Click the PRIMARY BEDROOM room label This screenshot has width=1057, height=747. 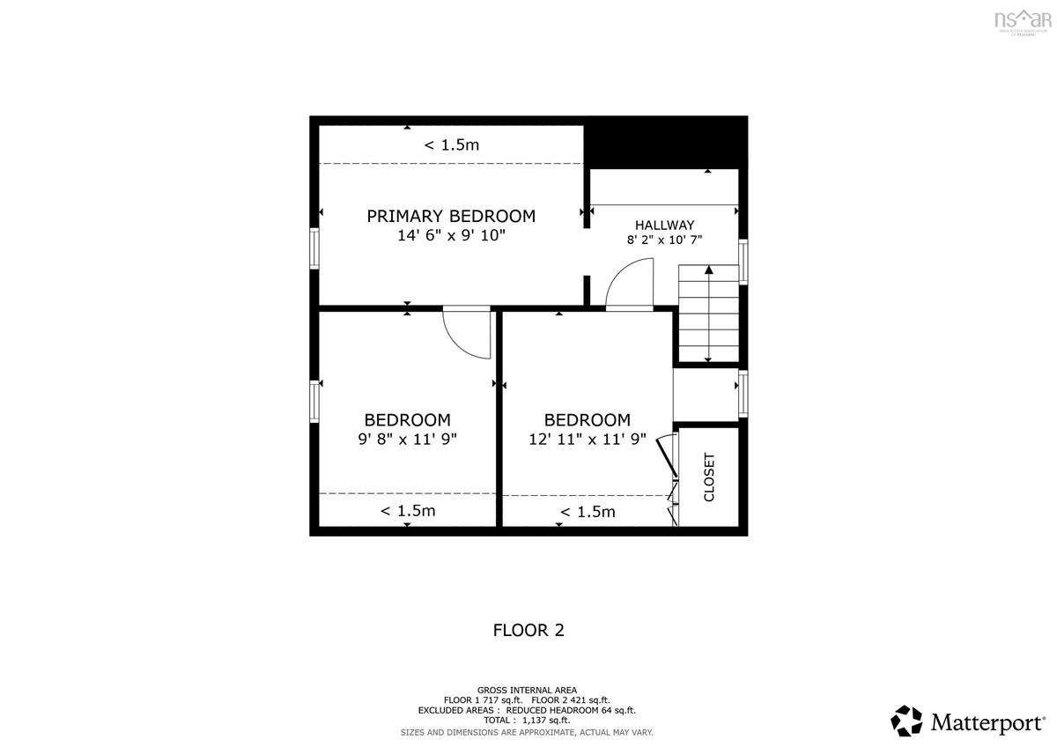(451, 216)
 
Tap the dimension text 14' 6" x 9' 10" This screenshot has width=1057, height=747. (451, 236)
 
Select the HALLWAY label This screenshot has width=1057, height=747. (666, 225)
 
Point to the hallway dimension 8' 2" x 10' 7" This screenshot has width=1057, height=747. (664, 240)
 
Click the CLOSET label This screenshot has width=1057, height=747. (709, 477)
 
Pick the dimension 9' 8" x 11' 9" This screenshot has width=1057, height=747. (407, 438)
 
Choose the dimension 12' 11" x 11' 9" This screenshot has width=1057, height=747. (588, 438)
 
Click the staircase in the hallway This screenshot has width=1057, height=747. (708, 314)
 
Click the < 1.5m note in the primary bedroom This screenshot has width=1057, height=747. (452, 145)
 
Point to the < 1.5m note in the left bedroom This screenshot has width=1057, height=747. (408, 511)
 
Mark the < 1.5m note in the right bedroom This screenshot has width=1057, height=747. (588, 512)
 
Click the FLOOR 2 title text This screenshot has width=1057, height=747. (528, 630)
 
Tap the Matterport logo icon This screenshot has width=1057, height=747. (906, 721)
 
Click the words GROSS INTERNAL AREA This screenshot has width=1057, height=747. (528, 690)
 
